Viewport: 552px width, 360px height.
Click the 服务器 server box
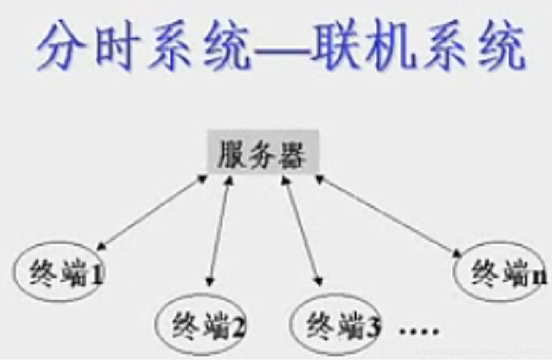[263, 151]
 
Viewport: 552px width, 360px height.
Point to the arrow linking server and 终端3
[302, 229]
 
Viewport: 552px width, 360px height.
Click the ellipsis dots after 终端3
[420, 331]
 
